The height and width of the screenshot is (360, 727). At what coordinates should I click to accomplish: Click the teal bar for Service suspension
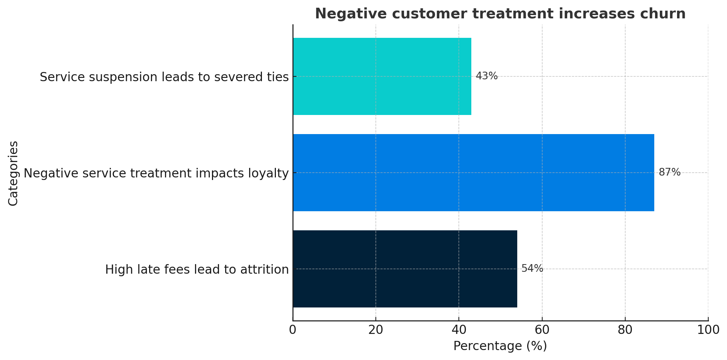pyautogui.click(x=382, y=76)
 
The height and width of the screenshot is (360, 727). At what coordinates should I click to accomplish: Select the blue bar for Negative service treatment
pyautogui.click(x=474, y=173)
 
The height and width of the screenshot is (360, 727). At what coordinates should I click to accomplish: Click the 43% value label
pyautogui.click(x=486, y=76)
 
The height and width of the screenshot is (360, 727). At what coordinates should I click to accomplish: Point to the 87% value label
pyautogui.click(x=669, y=172)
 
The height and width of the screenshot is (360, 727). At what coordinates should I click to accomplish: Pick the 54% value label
pyautogui.click(x=532, y=269)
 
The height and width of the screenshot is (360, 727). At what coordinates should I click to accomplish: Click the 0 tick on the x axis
pyautogui.click(x=293, y=330)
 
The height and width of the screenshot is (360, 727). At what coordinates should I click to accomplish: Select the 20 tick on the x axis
pyautogui.click(x=376, y=330)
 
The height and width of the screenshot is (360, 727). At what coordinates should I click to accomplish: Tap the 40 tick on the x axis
pyautogui.click(x=459, y=330)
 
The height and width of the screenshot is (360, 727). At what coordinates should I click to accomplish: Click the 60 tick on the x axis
pyautogui.click(x=542, y=330)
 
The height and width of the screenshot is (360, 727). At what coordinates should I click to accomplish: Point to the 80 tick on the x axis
pyautogui.click(x=625, y=330)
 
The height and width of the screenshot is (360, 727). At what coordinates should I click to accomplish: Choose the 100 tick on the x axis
pyautogui.click(x=708, y=330)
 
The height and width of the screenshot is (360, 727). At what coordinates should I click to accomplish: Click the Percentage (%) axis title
pyautogui.click(x=500, y=346)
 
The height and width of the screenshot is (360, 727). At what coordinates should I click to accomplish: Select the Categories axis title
pyautogui.click(x=13, y=173)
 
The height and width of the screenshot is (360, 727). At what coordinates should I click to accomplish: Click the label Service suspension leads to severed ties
pyautogui.click(x=164, y=77)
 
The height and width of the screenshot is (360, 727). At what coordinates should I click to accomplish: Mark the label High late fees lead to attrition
pyautogui.click(x=197, y=270)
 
